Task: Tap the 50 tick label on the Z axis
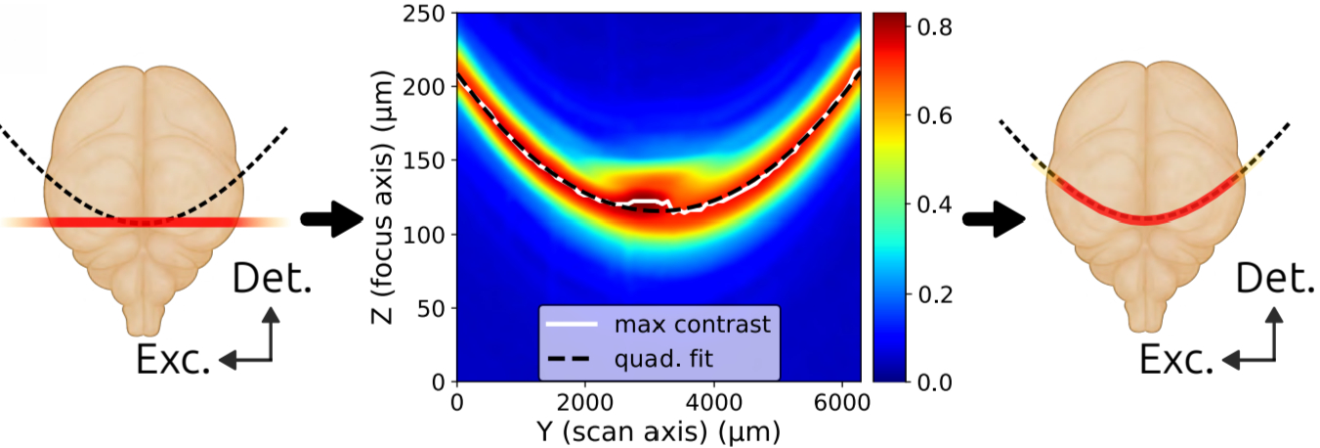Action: (431, 308)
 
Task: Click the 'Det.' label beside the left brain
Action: (272, 281)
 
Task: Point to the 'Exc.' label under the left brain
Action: (173, 361)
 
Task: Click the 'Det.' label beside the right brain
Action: (1275, 280)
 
